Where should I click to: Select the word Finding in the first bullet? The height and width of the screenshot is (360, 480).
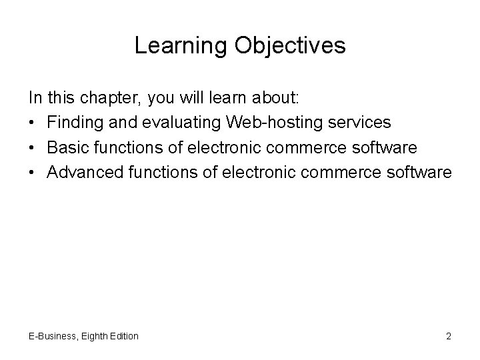(73, 123)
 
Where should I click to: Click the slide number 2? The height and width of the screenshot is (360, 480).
(449, 336)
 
